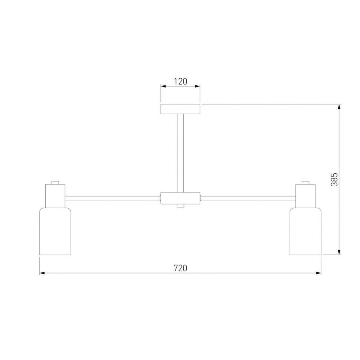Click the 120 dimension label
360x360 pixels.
(x=180, y=81)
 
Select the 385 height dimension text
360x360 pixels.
(x=334, y=180)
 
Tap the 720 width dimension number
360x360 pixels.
(x=180, y=268)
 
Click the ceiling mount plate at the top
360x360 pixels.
(x=180, y=109)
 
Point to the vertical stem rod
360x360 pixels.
(x=180, y=153)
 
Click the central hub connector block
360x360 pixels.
(x=180, y=198)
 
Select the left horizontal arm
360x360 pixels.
(x=112, y=198)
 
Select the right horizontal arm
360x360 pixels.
(x=248, y=198)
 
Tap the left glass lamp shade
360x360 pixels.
(x=55, y=231)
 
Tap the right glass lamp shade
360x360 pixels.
(x=305, y=231)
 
